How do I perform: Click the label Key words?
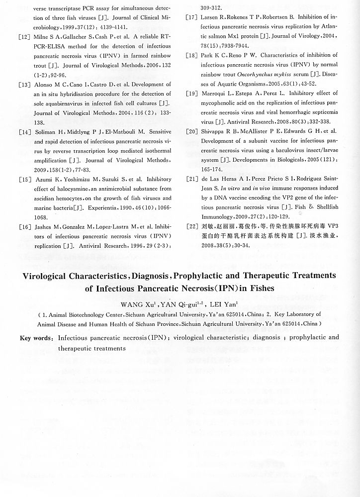36,338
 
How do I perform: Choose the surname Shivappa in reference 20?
217,131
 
